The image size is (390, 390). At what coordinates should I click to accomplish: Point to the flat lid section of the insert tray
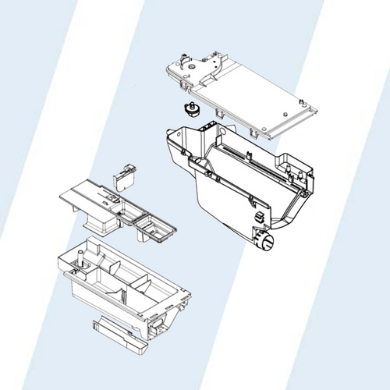coord(86,195)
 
